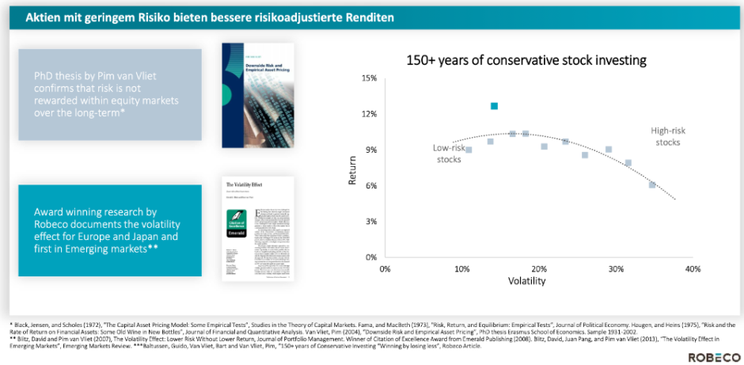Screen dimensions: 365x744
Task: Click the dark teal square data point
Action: pyautogui.click(x=495, y=105)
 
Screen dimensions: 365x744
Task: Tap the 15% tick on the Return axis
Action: pyautogui.click(x=369, y=78)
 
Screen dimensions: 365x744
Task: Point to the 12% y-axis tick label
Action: pyautogui.click(x=369, y=114)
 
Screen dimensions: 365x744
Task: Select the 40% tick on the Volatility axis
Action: pyautogui.click(x=693, y=269)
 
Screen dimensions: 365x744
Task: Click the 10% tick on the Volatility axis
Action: pyautogui.click(x=461, y=269)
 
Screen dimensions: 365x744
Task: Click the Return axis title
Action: pyautogui.click(x=354, y=169)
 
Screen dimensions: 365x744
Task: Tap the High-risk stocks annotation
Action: pyautogui.click(x=666, y=136)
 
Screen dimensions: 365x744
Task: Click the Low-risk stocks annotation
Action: pyautogui.click(x=448, y=153)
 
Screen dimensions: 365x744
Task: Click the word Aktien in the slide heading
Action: pyautogui.click(x=44, y=17)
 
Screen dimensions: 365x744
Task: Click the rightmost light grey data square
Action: pyautogui.click(x=652, y=184)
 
